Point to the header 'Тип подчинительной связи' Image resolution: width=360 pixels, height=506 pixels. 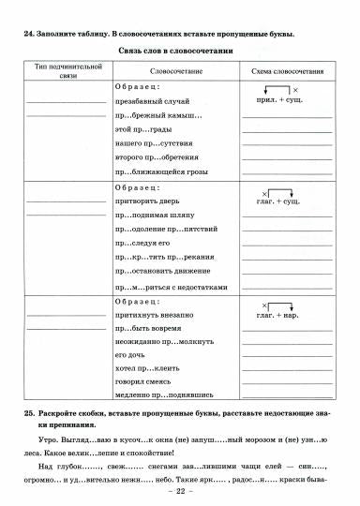pos(66,72)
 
